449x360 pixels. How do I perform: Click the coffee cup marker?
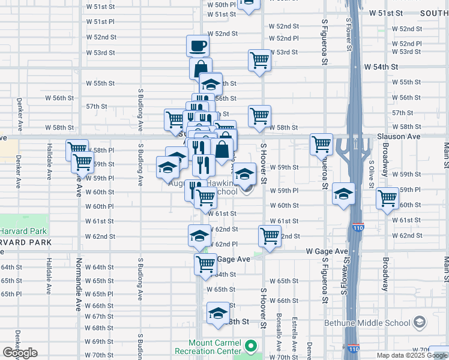pos(199,46)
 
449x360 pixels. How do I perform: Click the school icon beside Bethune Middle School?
pos(419,323)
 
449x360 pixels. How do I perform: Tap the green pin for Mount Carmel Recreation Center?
pos(252,346)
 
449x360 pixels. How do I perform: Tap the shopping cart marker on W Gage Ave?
pos(205,263)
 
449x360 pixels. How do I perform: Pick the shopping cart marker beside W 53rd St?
pos(259,60)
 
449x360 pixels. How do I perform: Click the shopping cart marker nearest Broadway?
pos(387,197)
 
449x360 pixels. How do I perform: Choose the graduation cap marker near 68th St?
pos(218,313)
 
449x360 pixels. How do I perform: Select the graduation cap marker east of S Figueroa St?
pos(343,194)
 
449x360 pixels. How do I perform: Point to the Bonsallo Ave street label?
pos(279,334)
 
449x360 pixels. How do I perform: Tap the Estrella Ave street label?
pos(294,334)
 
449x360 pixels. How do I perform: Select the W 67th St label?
pos(99,316)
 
